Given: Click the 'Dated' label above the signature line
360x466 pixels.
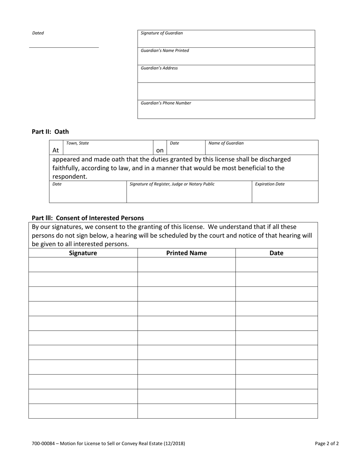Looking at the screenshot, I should pyautogui.click(x=38, y=33).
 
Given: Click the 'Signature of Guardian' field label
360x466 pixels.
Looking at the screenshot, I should pyautogui.click(x=162, y=33).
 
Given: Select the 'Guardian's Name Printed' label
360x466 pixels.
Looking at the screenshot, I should pyautogui.click(x=165, y=50).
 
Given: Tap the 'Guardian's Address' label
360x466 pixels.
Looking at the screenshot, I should pyautogui.click(x=159, y=68).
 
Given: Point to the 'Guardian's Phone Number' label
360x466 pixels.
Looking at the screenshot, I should pyautogui.click(x=166, y=103).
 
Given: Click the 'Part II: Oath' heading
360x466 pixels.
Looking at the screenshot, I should pyautogui.click(x=50, y=132).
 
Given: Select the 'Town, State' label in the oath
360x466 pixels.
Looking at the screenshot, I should pyautogui.click(x=78, y=143).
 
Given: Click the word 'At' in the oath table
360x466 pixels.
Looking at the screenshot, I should pyautogui.click(x=56, y=150).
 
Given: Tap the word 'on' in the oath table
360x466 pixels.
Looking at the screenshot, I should pyautogui.click(x=160, y=150).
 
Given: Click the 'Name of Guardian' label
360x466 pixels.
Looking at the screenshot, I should pyautogui.click(x=226, y=143).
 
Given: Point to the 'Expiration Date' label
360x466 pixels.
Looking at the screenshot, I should pyautogui.click(x=270, y=184).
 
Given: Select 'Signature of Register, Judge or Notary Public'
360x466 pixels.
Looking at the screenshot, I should pyautogui.click(x=172, y=184).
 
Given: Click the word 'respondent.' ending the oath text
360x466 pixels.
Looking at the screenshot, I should pyautogui.click(x=70, y=177).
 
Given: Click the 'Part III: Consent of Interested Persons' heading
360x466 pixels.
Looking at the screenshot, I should pyautogui.click(x=88, y=218).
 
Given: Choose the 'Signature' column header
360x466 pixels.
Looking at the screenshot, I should pyautogui.click(x=83, y=253).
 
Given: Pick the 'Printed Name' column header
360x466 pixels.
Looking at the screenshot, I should pyautogui.click(x=186, y=253).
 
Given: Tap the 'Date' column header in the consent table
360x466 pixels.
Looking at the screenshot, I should pyautogui.click(x=276, y=253).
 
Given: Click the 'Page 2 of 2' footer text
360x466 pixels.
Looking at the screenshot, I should pyautogui.click(x=327, y=443).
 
